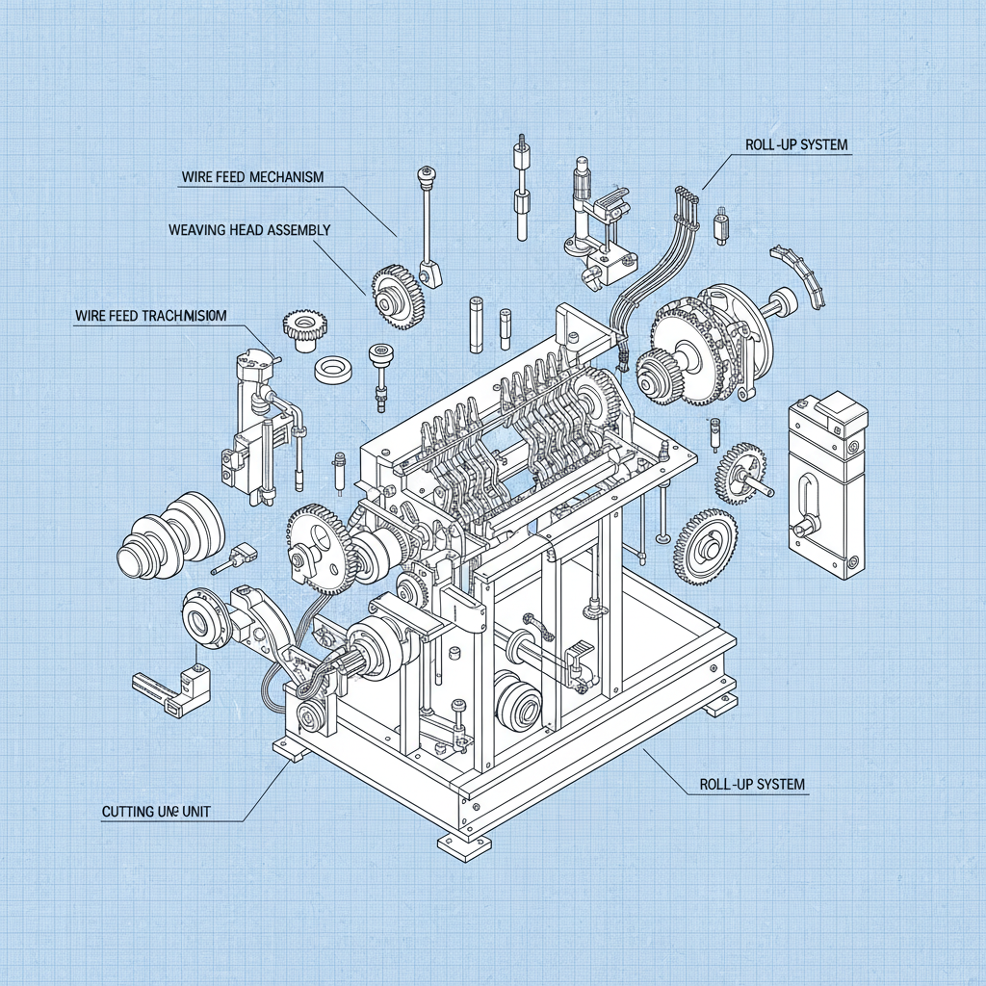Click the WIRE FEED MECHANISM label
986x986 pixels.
click(252, 177)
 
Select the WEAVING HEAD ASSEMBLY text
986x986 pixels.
click(249, 230)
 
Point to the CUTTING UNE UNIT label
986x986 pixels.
click(156, 812)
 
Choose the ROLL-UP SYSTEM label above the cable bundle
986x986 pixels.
click(796, 145)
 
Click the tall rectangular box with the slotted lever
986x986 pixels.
click(826, 486)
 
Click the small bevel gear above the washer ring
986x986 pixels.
click(305, 326)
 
